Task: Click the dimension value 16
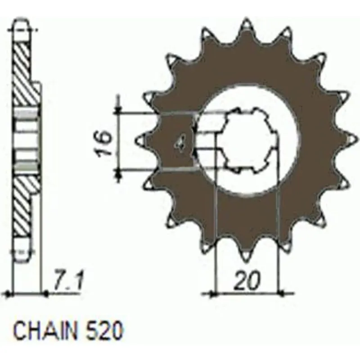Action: (104, 144)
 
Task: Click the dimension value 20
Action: (247, 280)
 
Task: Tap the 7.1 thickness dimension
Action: (68, 281)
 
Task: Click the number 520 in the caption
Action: (104, 331)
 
